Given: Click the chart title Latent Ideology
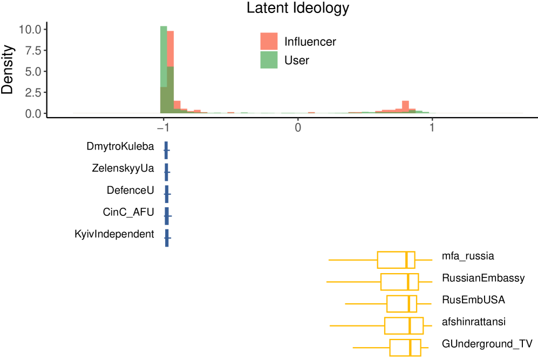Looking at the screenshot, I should coord(298,9).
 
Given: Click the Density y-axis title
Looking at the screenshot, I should coord(8,70).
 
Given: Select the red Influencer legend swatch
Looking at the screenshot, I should coord(269,42).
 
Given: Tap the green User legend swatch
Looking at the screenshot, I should coord(269,60).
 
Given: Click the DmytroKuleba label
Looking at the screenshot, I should coord(120,147).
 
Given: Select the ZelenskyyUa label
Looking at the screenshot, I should coord(123,168).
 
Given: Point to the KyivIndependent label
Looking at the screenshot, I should coord(114,234).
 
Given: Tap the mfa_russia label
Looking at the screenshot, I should coord(468,256).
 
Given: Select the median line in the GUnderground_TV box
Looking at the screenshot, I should coord(411,348).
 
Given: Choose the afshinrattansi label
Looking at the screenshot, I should coord(473,322).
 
